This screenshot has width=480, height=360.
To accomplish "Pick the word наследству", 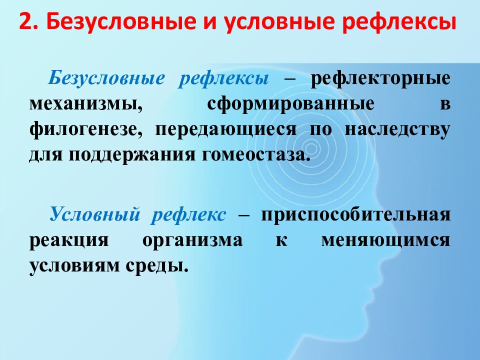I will pos(397,129).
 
